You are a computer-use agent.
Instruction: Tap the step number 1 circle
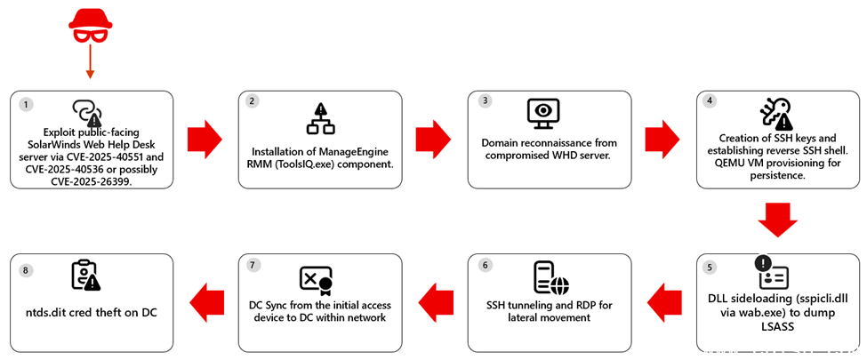pos(27,104)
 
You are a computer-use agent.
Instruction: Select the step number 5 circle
pos(710,267)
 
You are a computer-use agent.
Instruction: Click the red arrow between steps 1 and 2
pos(205,139)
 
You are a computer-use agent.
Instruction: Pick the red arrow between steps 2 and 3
pos(433,139)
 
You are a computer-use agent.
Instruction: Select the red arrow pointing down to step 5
pos(778,220)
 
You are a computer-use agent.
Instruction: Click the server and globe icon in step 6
pos(549,277)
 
